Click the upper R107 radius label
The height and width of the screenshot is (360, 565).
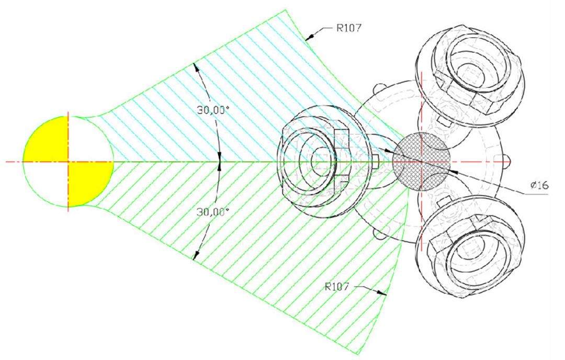(348, 28)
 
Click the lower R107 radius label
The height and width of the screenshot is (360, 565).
(337, 287)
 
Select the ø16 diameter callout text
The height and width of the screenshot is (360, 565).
(539, 185)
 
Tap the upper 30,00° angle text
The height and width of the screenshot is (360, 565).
(213, 110)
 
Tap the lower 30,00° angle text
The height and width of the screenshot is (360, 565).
(213, 212)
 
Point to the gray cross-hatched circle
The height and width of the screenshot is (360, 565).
(421, 162)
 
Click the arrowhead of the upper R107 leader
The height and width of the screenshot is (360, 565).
(309, 37)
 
